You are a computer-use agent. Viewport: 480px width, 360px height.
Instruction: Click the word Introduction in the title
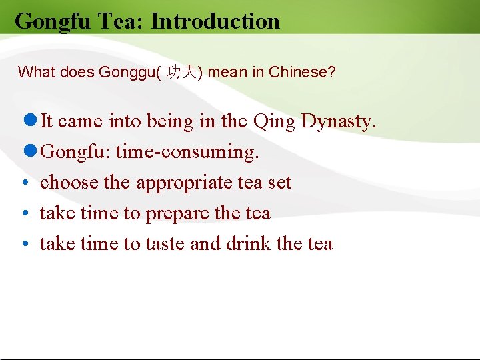pos(215,21)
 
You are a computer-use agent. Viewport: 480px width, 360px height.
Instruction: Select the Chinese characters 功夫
pos(181,72)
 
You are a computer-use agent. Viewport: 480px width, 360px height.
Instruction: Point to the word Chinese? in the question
pos(302,72)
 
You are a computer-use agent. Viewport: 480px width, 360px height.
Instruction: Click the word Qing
pos(274,122)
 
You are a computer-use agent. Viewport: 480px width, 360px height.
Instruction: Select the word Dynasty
pos(339,122)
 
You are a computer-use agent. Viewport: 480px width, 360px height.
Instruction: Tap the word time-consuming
pos(187,153)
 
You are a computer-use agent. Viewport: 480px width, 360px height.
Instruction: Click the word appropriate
pos(185,183)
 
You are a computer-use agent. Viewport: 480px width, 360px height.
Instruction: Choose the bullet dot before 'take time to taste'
pos(23,244)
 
